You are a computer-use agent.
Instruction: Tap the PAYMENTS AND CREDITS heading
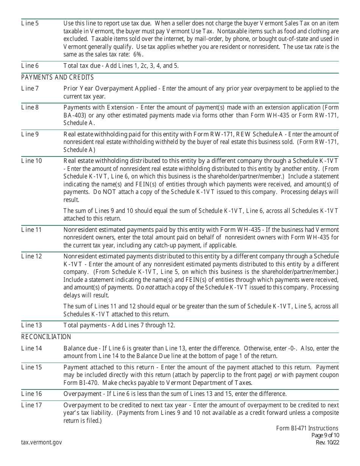(x=57, y=78)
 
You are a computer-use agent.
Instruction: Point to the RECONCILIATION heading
(x=46, y=337)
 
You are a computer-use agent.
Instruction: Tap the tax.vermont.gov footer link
(x=42, y=442)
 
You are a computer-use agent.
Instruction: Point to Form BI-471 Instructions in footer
(x=307, y=428)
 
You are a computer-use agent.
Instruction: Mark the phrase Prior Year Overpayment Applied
(x=110, y=89)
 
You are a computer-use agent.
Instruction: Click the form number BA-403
(x=75, y=115)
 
